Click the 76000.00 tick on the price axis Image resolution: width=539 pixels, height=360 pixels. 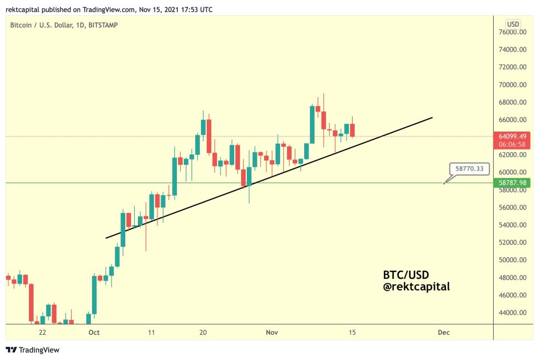pyautogui.click(x=513, y=32)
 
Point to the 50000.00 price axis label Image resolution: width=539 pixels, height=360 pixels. pyautogui.click(x=513, y=260)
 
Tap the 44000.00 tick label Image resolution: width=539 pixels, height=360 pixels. pyautogui.click(x=513, y=313)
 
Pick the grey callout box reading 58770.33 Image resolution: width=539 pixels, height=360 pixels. pyautogui.click(x=470, y=169)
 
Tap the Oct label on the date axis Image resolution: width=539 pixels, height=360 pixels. pyautogui.click(x=94, y=333)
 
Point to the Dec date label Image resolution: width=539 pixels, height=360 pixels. pyautogui.click(x=443, y=333)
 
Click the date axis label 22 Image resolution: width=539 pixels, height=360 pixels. pyautogui.click(x=43, y=333)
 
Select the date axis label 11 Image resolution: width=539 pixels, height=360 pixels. pyautogui.click(x=152, y=333)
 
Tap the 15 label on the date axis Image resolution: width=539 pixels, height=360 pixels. pyautogui.click(x=352, y=333)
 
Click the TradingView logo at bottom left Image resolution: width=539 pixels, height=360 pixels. pyautogui.click(x=33, y=350)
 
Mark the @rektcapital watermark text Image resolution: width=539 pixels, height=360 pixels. pyautogui.click(x=416, y=287)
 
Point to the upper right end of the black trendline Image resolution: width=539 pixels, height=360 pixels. pyautogui.click(x=432, y=117)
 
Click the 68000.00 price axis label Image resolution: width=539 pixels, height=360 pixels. pyautogui.click(x=513, y=102)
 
